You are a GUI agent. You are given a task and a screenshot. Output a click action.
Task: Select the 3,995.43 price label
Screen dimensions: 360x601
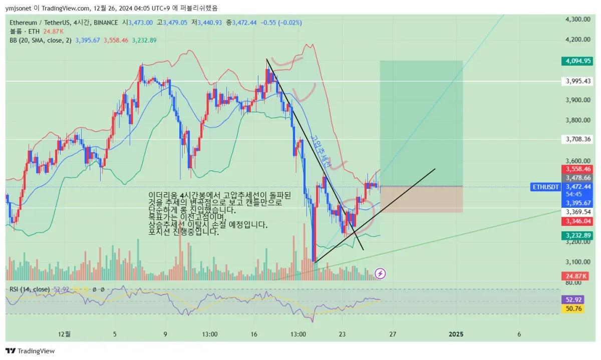(577, 81)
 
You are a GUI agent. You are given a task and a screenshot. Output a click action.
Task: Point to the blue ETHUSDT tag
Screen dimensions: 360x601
(545, 187)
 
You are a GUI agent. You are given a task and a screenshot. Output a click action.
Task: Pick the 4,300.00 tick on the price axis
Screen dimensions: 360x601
(577, 19)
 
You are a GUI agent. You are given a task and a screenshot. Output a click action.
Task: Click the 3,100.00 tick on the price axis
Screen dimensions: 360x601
(577, 262)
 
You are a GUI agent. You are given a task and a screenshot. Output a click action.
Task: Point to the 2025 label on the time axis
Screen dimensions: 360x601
(456, 334)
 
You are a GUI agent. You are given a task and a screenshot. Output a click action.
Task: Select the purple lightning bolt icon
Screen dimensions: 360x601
(381, 273)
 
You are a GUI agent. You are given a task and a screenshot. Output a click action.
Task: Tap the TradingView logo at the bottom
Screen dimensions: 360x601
(30, 351)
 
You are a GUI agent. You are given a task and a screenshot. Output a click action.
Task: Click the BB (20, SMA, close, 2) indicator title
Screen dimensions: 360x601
(41, 40)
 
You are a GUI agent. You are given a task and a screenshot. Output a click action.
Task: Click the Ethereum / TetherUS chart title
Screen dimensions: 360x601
(41, 23)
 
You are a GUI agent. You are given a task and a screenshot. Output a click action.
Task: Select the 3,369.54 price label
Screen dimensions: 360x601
(577, 212)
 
